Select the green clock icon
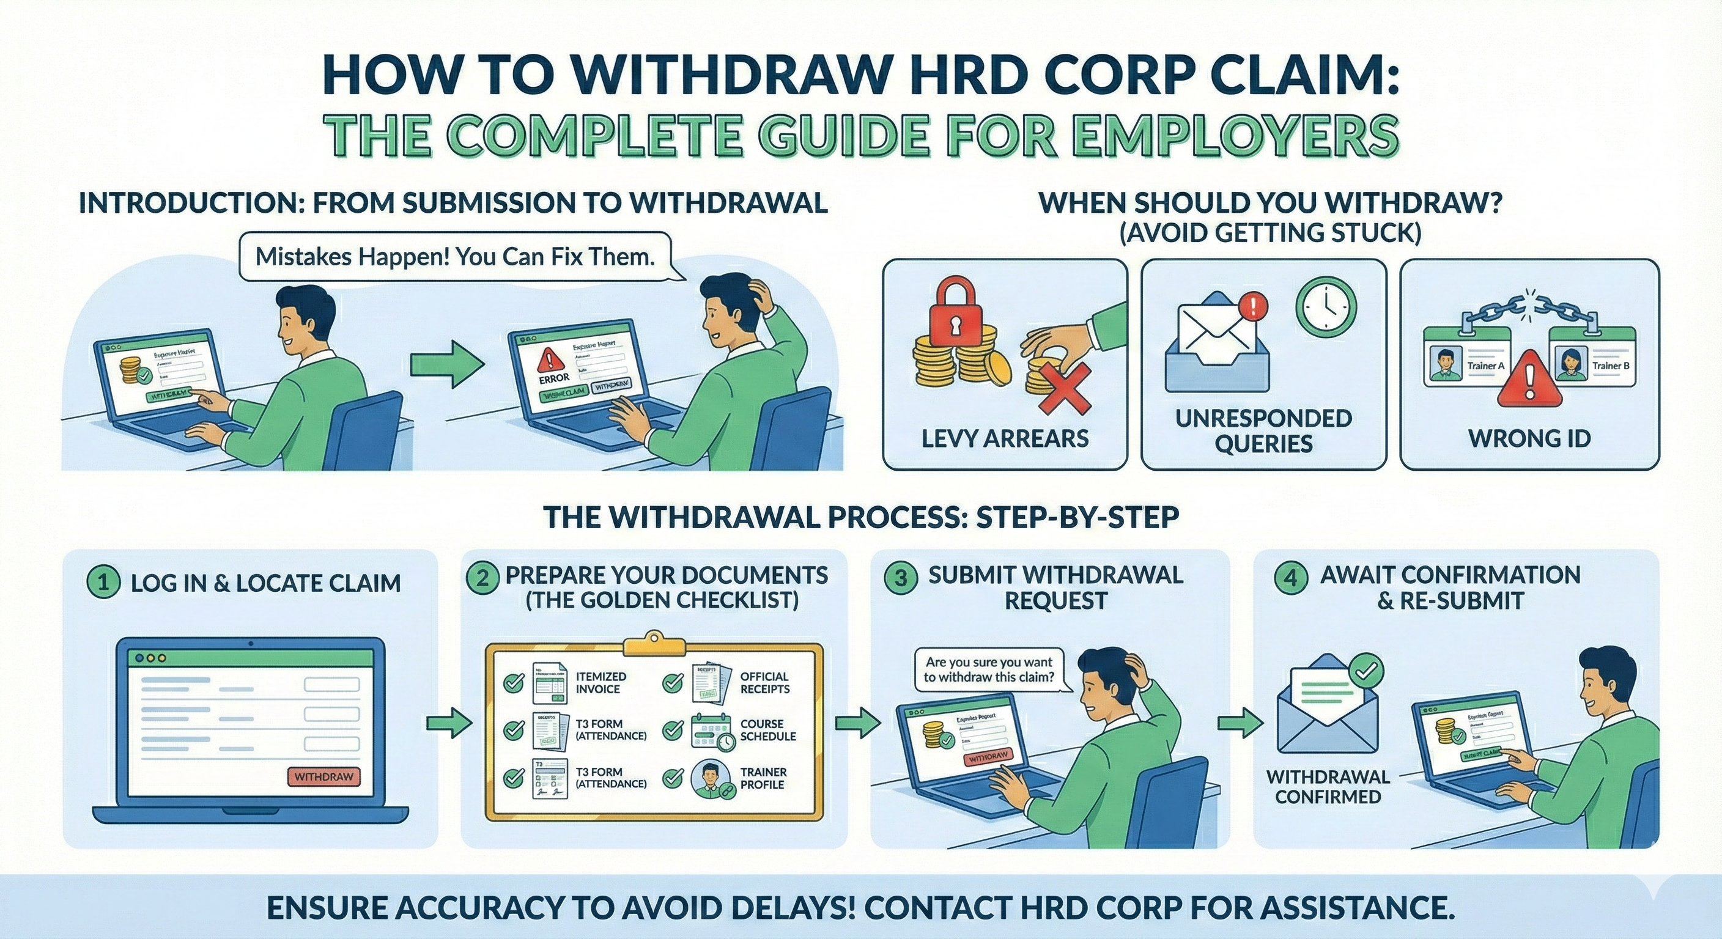[1326, 307]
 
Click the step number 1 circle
[103, 581]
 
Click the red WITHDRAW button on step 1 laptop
[323, 777]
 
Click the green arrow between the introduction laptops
[446, 364]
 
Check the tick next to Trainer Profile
[673, 778]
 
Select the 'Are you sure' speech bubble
[989, 669]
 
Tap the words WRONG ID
[1529, 438]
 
